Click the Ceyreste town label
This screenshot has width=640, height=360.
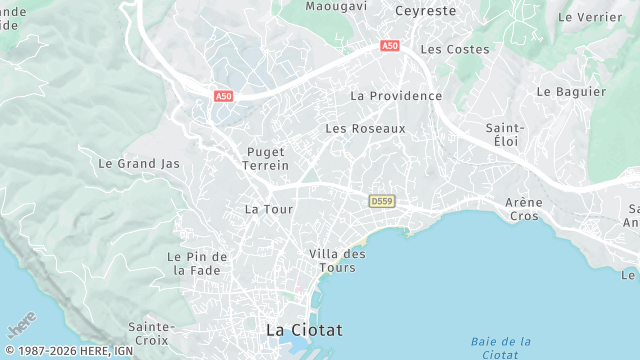(x=426, y=11)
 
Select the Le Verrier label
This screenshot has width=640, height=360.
(x=590, y=17)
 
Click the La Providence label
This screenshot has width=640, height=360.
(x=396, y=96)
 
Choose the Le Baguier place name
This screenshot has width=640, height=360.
(x=571, y=91)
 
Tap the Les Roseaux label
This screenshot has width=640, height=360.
(x=365, y=129)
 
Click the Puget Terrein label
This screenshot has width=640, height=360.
(x=267, y=158)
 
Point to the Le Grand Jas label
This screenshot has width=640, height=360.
(x=139, y=163)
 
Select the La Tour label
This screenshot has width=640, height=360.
(x=268, y=210)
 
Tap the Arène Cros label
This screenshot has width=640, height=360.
(x=524, y=209)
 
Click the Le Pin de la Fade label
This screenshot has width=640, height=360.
(x=197, y=263)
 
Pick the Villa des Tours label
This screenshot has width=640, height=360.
(x=337, y=260)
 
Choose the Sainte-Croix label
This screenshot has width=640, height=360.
(x=151, y=333)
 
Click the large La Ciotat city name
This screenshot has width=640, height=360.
(x=304, y=329)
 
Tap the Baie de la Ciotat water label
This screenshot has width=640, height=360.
(x=499, y=348)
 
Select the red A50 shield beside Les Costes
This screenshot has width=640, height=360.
(x=390, y=46)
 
